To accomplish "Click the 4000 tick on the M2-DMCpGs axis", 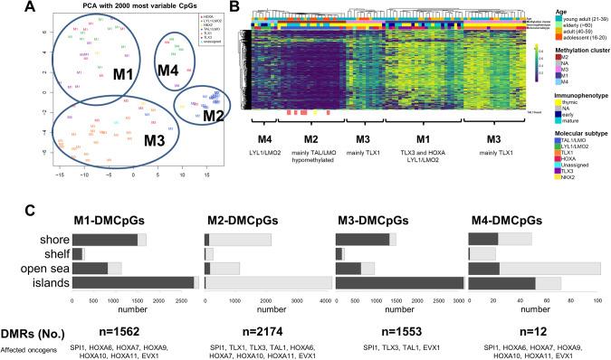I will point(323,296).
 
